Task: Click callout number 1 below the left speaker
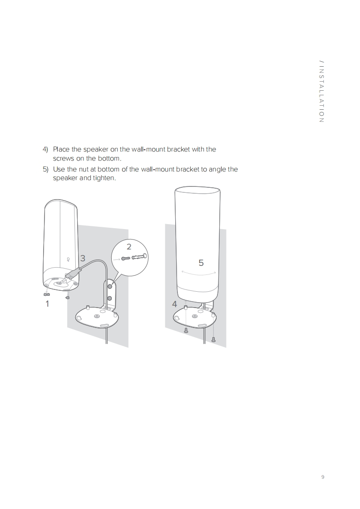point(47,304)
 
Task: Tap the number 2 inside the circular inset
point(129,247)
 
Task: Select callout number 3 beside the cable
point(83,258)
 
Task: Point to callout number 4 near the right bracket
point(174,304)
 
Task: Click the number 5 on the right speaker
point(201,263)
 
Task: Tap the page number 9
point(323,477)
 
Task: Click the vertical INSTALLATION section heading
point(322,92)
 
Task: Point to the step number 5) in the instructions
point(45,170)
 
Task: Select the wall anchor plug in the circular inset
point(139,257)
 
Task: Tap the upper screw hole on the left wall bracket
point(110,287)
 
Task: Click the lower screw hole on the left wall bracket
point(109,299)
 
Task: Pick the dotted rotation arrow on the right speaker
point(199,273)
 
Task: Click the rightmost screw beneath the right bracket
point(213,339)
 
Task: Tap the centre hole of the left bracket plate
point(97,317)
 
